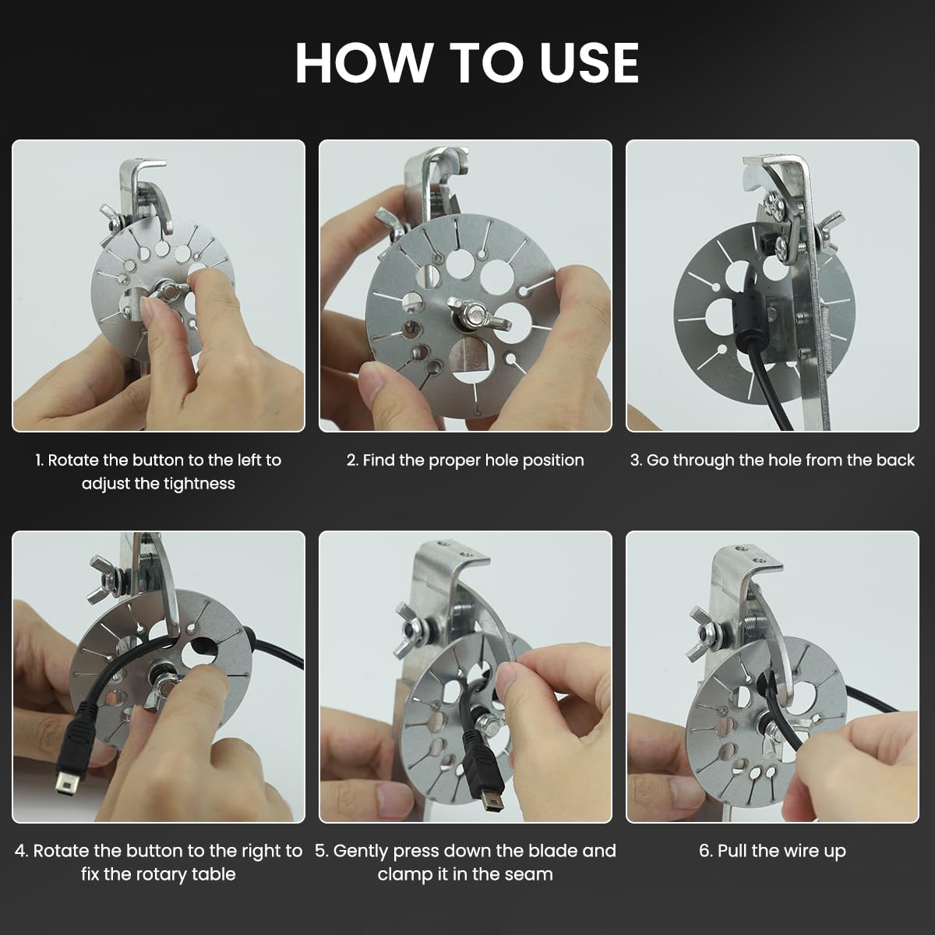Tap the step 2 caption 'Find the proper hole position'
tap(465, 460)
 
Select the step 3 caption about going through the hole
tap(772, 460)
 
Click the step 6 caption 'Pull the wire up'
tap(772, 851)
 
